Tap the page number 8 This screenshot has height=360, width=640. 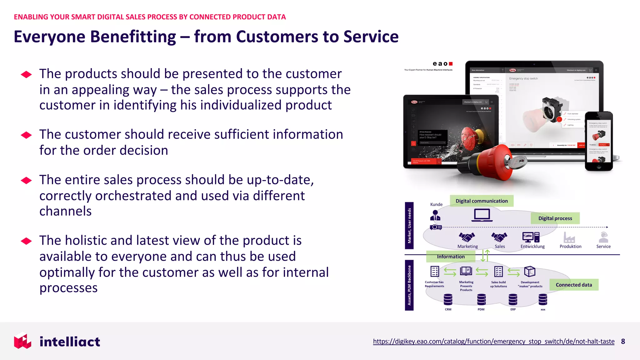pyautogui.click(x=623, y=341)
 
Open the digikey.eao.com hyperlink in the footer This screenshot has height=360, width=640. pyautogui.click(x=493, y=341)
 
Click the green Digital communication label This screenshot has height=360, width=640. pyautogui.click(x=481, y=201)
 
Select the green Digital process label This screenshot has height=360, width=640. pyautogui.click(x=555, y=218)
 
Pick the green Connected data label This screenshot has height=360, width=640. pyautogui.click(x=574, y=285)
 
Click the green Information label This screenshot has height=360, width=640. pyautogui.click(x=451, y=257)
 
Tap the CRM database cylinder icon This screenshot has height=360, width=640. pyautogui.click(x=448, y=299)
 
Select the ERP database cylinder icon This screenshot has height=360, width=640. pyautogui.click(x=513, y=299)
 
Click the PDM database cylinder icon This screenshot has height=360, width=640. pyautogui.click(x=481, y=299)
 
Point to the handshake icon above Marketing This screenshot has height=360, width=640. pyautogui.click(x=467, y=237)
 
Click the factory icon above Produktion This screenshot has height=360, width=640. pyautogui.click(x=569, y=237)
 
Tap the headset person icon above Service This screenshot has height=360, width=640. pyautogui.click(x=603, y=237)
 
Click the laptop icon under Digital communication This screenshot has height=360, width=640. pyautogui.click(x=482, y=215)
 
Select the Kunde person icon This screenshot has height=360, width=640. pyautogui.click(x=435, y=215)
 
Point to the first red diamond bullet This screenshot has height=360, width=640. pyautogui.click(x=26, y=74)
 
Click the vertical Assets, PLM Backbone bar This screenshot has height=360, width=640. pyautogui.click(x=409, y=285)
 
